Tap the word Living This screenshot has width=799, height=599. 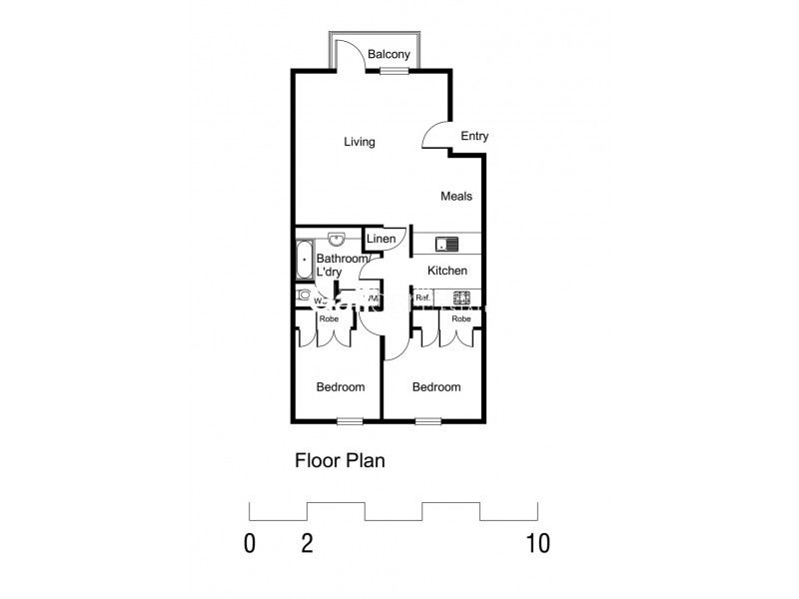tap(360, 142)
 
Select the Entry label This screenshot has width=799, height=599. tap(474, 136)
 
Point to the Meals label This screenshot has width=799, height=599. tap(456, 196)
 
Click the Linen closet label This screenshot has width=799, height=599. tap(381, 239)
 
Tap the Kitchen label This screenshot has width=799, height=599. tap(447, 271)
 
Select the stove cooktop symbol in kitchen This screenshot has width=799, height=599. tap(462, 297)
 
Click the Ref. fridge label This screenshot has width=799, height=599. tap(422, 298)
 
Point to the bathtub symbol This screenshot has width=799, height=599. tap(304, 260)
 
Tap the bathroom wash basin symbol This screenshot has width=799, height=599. tap(337, 239)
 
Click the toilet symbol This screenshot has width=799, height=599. tap(303, 296)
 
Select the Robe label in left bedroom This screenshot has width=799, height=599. tap(328, 318)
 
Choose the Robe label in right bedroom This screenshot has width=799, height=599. tap(460, 318)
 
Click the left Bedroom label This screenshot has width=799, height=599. tap(341, 387)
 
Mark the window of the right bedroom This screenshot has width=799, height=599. tap(428, 420)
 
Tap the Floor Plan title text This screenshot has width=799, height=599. tap(340, 461)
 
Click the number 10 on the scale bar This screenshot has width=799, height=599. tap(537, 544)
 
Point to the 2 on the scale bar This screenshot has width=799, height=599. tap(307, 544)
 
